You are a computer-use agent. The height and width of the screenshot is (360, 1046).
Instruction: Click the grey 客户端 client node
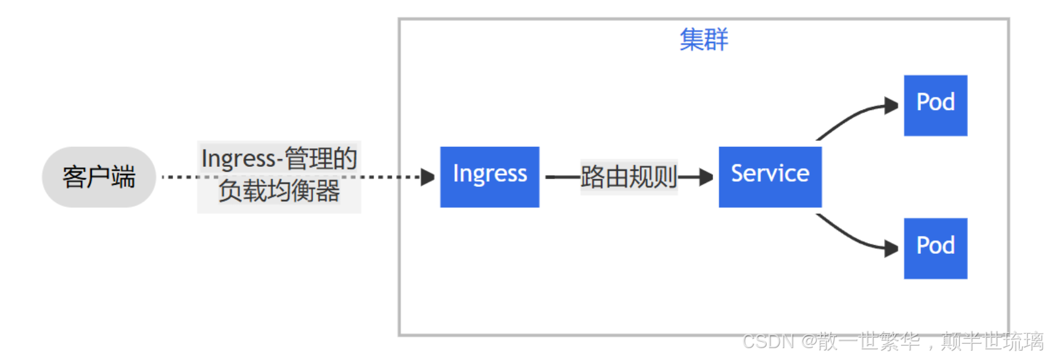tap(98, 177)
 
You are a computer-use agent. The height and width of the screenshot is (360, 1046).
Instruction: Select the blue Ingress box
tap(489, 177)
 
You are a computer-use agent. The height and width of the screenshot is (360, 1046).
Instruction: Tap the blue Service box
tap(770, 177)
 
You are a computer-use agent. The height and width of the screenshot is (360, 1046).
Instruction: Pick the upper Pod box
tap(935, 105)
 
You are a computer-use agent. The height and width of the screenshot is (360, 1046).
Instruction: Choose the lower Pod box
tap(935, 248)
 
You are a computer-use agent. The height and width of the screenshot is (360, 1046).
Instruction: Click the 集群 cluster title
tap(704, 39)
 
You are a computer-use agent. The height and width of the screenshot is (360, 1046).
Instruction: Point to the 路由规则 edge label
tap(629, 177)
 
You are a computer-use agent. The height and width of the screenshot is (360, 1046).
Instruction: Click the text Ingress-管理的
tap(279, 158)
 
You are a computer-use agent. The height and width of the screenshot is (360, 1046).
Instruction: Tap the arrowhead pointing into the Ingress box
tap(428, 177)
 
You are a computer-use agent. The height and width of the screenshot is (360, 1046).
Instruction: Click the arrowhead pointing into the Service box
tap(707, 177)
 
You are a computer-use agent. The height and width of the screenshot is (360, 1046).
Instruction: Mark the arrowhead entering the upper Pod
tap(892, 106)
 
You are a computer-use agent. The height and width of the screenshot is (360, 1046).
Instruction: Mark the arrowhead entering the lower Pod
tap(892, 249)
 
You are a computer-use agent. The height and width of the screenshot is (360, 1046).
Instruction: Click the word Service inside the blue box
tap(770, 173)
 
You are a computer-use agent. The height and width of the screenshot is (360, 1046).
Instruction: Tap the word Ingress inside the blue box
tap(489, 173)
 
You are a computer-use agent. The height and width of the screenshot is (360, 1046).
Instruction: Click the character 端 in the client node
tap(123, 177)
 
